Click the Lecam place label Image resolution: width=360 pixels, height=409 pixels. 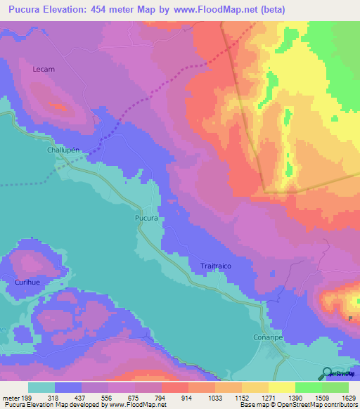[44, 70]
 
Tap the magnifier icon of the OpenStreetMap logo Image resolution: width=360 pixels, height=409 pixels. [326, 372]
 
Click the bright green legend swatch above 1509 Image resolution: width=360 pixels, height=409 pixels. [309, 387]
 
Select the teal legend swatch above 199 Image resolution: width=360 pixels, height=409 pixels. [41, 387]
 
